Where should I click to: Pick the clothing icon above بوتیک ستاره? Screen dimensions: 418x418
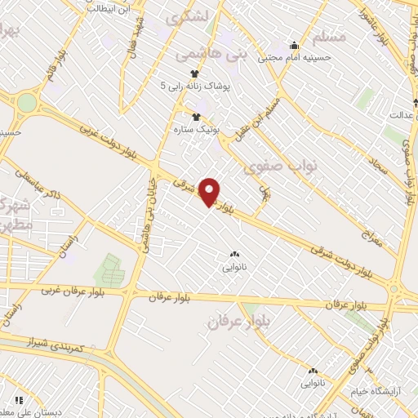pyautogui.click(x=194, y=116)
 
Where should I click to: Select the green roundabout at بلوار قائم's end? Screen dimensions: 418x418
pyautogui.click(x=27, y=104)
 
